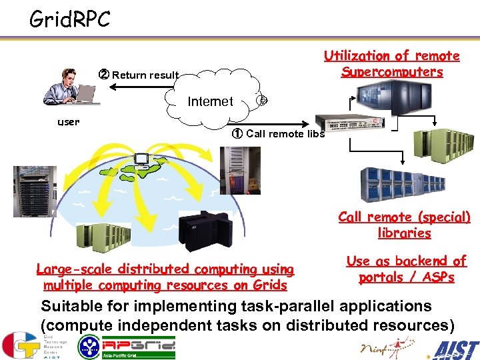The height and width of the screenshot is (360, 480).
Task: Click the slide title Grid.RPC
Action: click(x=70, y=19)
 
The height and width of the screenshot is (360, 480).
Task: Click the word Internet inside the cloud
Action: click(x=211, y=101)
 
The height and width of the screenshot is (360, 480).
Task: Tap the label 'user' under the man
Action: click(x=68, y=121)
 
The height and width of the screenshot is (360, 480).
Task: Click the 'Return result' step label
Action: click(x=139, y=75)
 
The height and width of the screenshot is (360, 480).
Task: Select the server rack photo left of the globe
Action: click(x=27, y=191)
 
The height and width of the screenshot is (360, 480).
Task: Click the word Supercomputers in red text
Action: click(x=392, y=72)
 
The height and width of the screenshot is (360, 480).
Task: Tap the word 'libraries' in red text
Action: click(x=404, y=233)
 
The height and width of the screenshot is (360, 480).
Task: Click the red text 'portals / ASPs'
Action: click(x=406, y=277)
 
